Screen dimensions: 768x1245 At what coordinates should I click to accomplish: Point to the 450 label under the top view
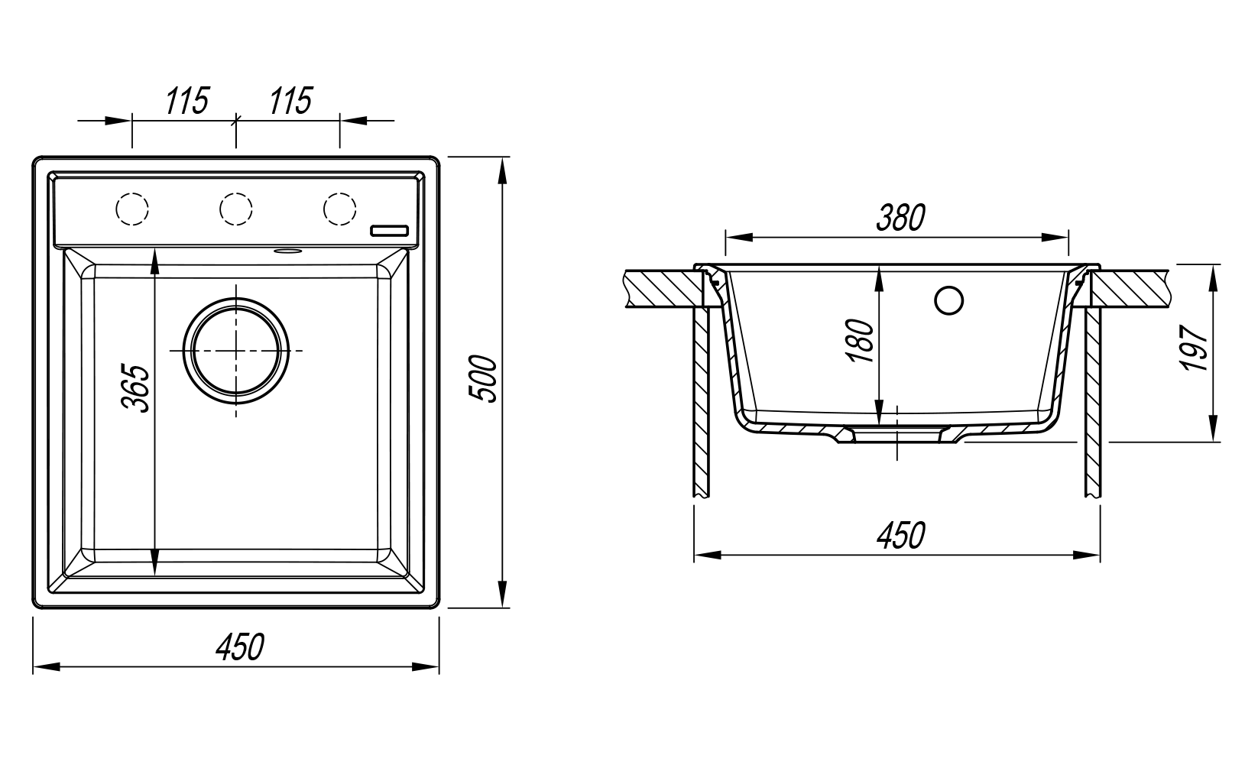[239, 646]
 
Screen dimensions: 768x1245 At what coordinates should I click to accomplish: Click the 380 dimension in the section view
[900, 219]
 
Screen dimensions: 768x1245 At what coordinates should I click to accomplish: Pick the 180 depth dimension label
[862, 341]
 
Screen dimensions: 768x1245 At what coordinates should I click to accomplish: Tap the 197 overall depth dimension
[1193, 348]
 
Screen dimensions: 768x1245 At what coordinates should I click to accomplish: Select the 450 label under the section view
[900, 536]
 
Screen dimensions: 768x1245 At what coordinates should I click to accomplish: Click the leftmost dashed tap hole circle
[131, 209]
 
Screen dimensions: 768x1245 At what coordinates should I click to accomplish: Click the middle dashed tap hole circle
[235, 209]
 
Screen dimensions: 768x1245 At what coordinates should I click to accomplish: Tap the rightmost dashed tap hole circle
[339, 209]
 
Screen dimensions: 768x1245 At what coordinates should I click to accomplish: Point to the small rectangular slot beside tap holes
[391, 230]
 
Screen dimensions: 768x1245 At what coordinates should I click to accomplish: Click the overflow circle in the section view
[949, 300]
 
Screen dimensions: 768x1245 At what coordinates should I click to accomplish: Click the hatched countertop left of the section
[662, 288]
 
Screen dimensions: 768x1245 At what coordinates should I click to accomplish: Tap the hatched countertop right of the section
[1131, 288]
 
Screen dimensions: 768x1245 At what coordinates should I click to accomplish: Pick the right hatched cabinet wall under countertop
[1092, 401]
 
